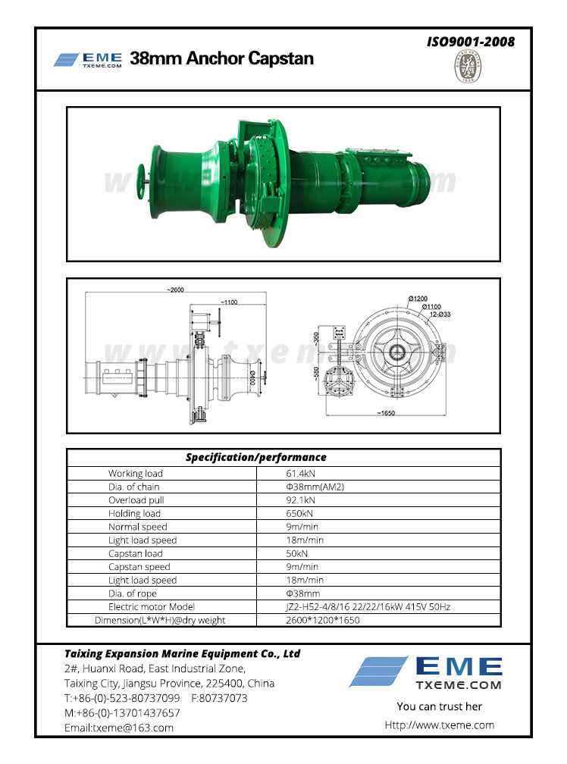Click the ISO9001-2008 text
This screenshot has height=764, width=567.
point(471,42)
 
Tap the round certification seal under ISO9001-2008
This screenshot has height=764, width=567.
point(468,67)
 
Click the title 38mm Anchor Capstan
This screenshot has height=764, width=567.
point(221,58)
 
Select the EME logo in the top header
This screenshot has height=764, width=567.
point(88,60)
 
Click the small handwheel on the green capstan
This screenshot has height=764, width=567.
point(142,183)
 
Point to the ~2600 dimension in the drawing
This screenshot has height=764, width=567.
point(175,290)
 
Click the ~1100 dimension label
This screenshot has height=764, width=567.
point(229,302)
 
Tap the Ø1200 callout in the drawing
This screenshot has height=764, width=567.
point(418,298)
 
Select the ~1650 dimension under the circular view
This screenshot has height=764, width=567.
point(386,413)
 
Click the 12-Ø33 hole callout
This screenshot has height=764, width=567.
point(440,315)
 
